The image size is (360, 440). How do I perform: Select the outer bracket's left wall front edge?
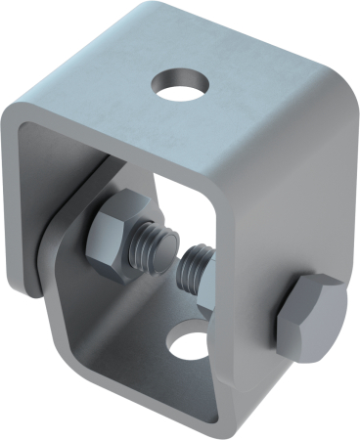click(12, 196)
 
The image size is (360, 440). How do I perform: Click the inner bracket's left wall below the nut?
click(78, 293)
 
